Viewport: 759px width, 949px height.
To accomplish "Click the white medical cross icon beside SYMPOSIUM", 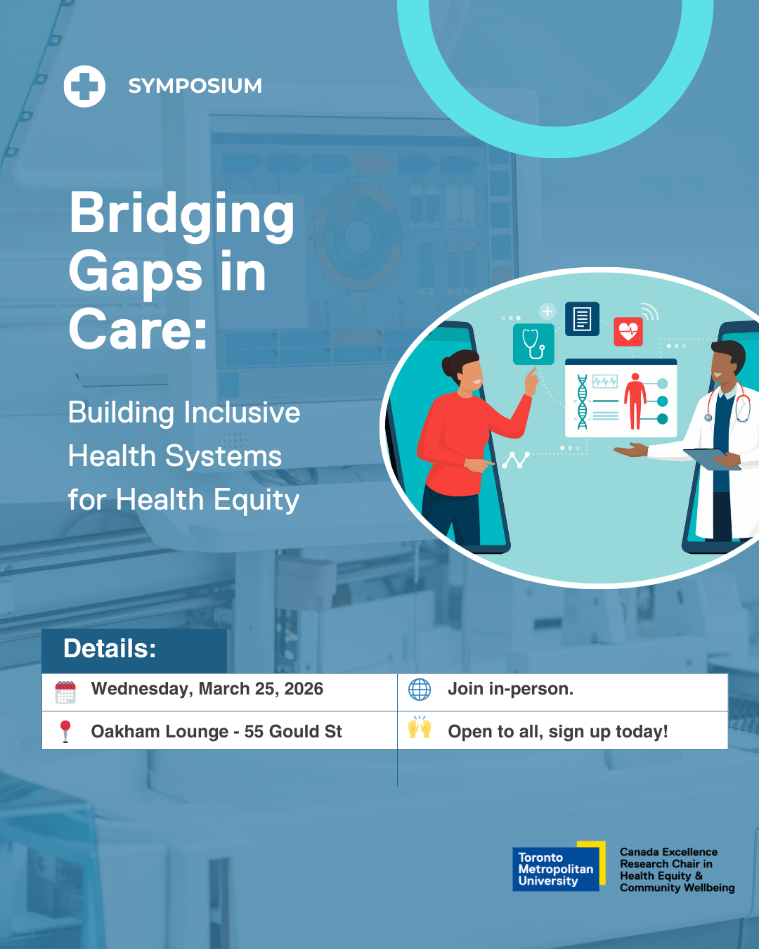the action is [84, 86].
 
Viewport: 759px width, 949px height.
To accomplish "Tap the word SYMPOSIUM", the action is [195, 86].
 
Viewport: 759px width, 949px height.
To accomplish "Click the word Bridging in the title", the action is [182, 216].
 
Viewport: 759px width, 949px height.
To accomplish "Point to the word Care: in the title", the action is [138, 329].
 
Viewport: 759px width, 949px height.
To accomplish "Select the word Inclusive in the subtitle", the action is [242, 413].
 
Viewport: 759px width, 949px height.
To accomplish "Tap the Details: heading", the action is [110, 648].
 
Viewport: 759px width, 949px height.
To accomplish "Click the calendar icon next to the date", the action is [65, 692].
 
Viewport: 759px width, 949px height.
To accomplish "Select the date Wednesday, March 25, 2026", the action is [207, 690].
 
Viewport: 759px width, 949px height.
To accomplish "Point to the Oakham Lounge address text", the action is [216, 732].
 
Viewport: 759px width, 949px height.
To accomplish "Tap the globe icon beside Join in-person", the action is [420, 690].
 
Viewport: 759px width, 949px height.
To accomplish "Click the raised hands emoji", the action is [420, 728].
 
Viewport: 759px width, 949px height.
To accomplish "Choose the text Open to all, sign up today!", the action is [558, 732].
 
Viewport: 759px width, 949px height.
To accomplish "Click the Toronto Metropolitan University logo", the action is [559, 866].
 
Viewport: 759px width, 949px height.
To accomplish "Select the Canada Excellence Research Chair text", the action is [677, 870].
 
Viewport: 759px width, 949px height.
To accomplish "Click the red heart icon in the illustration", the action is [628, 332].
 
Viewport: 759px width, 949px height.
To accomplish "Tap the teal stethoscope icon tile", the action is [533, 344].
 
